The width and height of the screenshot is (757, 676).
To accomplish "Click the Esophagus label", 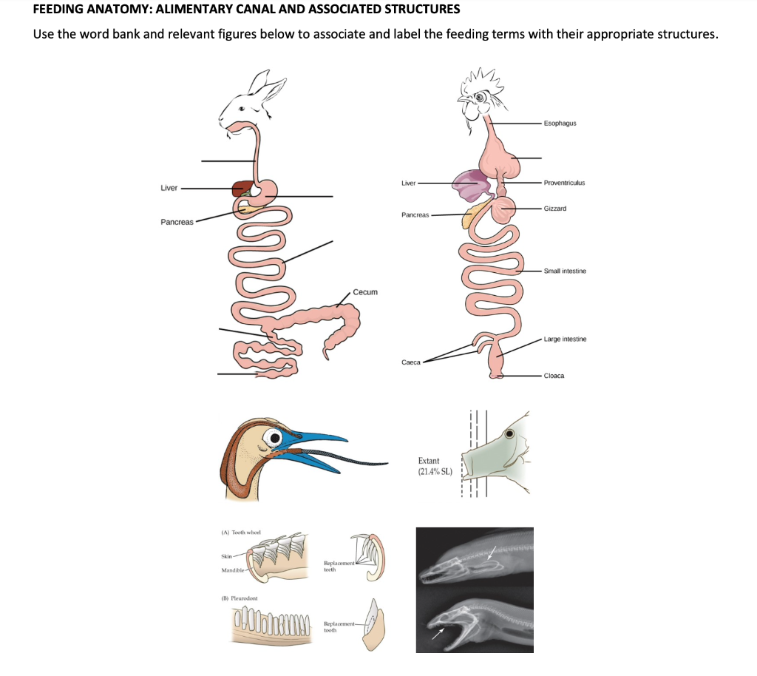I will [x=560, y=123].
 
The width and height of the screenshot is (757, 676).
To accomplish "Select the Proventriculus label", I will [x=564, y=182].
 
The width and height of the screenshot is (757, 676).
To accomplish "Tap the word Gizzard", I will [x=554, y=209].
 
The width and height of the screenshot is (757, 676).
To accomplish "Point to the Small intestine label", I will [x=565, y=271].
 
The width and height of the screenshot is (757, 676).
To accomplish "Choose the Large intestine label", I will [x=565, y=339].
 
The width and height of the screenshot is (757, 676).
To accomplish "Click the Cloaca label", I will [x=554, y=376].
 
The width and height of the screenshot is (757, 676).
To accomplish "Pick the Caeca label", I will [x=411, y=362].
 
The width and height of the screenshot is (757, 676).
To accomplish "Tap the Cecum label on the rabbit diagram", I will [x=365, y=292].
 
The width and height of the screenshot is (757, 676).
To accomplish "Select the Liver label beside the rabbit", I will [x=169, y=188].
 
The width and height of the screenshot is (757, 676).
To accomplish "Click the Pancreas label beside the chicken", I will [x=415, y=214].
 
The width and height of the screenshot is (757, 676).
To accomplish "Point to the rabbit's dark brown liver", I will [x=242, y=189].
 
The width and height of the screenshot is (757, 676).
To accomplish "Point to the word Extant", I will [x=429, y=461].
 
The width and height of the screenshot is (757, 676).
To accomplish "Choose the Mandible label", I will [x=234, y=570].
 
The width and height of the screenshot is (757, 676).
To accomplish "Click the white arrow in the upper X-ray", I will [x=492, y=554].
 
